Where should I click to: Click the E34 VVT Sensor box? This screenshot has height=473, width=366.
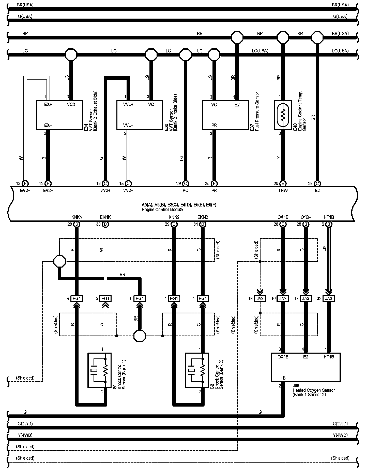[x=59, y=115]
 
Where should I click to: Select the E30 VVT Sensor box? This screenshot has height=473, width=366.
[x=140, y=115]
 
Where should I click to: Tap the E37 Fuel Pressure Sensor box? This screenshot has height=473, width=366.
[x=225, y=115]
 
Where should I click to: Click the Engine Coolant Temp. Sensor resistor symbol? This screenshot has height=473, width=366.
[x=283, y=115]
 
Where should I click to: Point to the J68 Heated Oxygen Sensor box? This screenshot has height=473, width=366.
[x=306, y=367]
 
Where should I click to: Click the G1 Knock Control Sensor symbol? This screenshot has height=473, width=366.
[x=99, y=370]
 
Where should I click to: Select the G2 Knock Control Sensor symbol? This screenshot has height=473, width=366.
[x=197, y=370]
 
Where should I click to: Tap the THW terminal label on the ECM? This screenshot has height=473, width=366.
[x=283, y=190]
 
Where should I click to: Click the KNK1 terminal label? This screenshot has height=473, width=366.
[x=77, y=217]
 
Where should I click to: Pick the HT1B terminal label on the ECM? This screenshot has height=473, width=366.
[x=329, y=217]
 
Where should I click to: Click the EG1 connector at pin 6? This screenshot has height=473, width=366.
[x=140, y=299]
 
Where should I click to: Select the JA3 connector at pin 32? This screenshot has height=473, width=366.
[x=329, y=299]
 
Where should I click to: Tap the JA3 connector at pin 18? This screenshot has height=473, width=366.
[x=260, y=299]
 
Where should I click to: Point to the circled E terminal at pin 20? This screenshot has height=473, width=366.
[x=283, y=184]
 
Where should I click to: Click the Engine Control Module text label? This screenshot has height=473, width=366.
[x=162, y=210]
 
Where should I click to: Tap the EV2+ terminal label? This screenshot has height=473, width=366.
[x=25, y=190]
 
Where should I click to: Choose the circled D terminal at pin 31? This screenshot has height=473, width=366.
[x=203, y=224]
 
